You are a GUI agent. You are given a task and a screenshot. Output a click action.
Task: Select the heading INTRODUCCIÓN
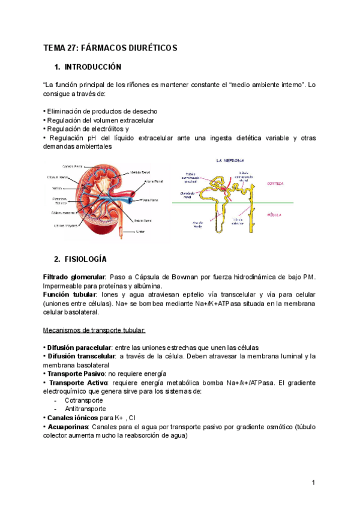93,67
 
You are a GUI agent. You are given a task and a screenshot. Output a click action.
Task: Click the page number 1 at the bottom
313,483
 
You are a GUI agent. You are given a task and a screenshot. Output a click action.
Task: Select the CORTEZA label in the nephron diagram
275,184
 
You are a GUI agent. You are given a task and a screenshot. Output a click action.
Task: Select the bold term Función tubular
69,295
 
